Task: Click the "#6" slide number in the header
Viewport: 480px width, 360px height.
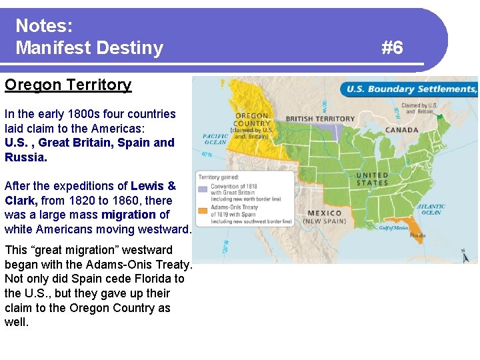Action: [x=392, y=47]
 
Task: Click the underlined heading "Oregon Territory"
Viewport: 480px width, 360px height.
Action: [x=68, y=85]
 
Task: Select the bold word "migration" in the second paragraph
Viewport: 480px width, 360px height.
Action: [x=129, y=215]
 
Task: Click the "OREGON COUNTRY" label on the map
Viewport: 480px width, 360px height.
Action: [x=252, y=119]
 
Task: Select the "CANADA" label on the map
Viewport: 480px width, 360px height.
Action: [x=402, y=130]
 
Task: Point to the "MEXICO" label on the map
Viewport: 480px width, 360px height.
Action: [x=324, y=213]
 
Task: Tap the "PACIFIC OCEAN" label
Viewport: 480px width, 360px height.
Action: [x=215, y=139]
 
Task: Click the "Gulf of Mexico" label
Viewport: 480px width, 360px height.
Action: [x=393, y=227]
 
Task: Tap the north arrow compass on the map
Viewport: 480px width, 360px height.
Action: [x=465, y=255]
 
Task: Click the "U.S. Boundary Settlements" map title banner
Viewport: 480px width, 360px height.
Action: [x=409, y=89]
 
